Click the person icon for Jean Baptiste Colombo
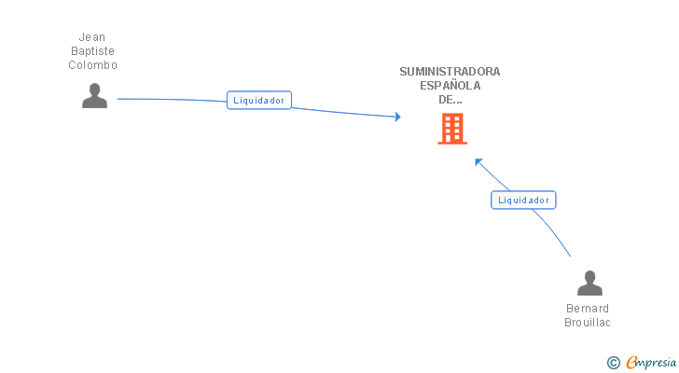pyautogui.click(x=94, y=96)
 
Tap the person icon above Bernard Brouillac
pyautogui.click(x=589, y=283)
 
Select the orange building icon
pyautogui.click(x=452, y=129)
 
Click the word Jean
pyautogui.click(x=92, y=37)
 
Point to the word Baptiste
pyautogui.click(x=92, y=51)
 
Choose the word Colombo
pyautogui.click(x=92, y=65)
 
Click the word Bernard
pyautogui.click(x=588, y=309)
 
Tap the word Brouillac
pyautogui.click(x=588, y=323)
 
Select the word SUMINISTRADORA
pyautogui.click(x=450, y=71)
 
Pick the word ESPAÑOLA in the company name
pyautogui.click(x=450, y=85)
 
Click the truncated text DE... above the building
pyautogui.click(x=450, y=99)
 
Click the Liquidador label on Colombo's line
pyautogui.click(x=259, y=100)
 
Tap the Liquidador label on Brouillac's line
pyautogui.click(x=523, y=200)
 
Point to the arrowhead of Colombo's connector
pyautogui.click(x=398, y=117)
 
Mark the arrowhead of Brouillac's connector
pyautogui.click(x=478, y=161)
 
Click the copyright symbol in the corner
pyautogui.click(x=613, y=362)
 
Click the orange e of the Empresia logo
pyautogui.click(x=631, y=362)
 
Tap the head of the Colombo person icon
pyautogui.click(x=94, y=90)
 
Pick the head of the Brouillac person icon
pyautogui.click(x=589, y=277)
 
